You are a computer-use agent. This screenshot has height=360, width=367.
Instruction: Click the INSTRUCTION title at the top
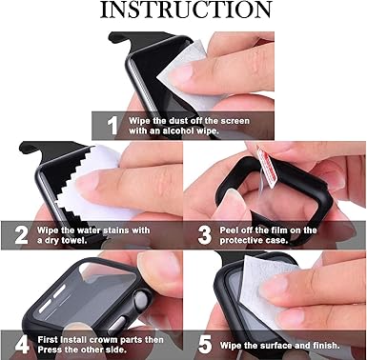(x=184, y=11)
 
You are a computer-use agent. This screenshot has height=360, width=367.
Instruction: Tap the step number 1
(x=112, y=124)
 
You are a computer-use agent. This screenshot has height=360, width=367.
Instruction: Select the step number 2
(x=20, y=234)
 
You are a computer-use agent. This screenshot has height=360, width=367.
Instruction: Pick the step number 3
(x=203, y=234)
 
